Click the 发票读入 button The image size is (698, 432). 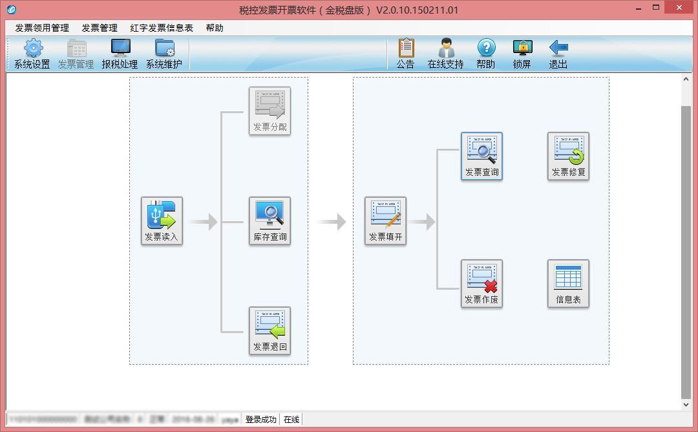click(x=162, y=221)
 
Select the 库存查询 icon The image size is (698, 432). click(x=270, y=221)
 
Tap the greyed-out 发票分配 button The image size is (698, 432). click(x=270, y=111)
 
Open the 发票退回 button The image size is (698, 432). click(x=270, y=330)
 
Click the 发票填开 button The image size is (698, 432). click(x=385, y=221)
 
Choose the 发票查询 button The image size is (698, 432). click(x=481, y=156)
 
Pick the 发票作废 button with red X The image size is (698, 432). click(x=481, y=284)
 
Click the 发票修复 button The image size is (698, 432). click(x=568, y=156)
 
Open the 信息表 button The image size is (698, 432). click(x=568, y=284)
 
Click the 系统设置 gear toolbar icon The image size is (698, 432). click(x=32, y=54)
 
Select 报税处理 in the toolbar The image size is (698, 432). click(x=120, y=54)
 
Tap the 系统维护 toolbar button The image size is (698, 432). click(x=164, y=54)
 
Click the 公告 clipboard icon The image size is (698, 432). click(x=405, y=54)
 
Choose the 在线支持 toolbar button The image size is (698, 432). click(x=445, y=54)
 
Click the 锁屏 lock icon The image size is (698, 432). click(x=522, y=54)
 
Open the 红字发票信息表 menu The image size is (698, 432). click(x=162, y=28)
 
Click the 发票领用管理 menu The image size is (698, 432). click(x=42, y=28)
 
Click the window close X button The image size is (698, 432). click(x=679, y=7)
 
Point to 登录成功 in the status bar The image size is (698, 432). click(x=260, y=420)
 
